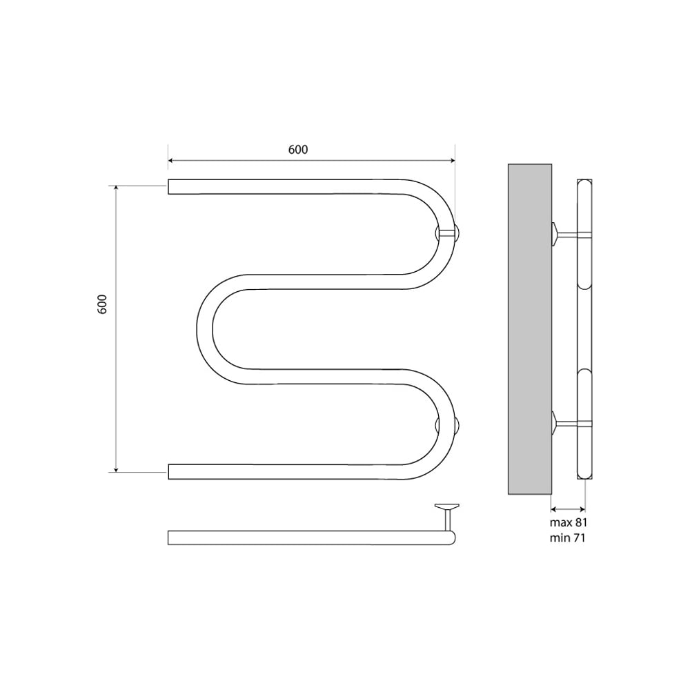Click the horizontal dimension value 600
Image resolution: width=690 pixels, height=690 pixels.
[x=298, y=150]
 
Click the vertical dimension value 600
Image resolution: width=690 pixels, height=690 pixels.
[x=101, y=304]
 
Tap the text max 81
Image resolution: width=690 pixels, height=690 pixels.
[x=568, y=523]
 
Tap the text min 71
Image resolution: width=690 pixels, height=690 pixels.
[x=567, y=538]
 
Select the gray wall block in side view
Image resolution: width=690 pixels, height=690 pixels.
[x=530, y=328]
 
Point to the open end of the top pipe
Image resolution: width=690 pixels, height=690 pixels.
[x=168, y=186]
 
